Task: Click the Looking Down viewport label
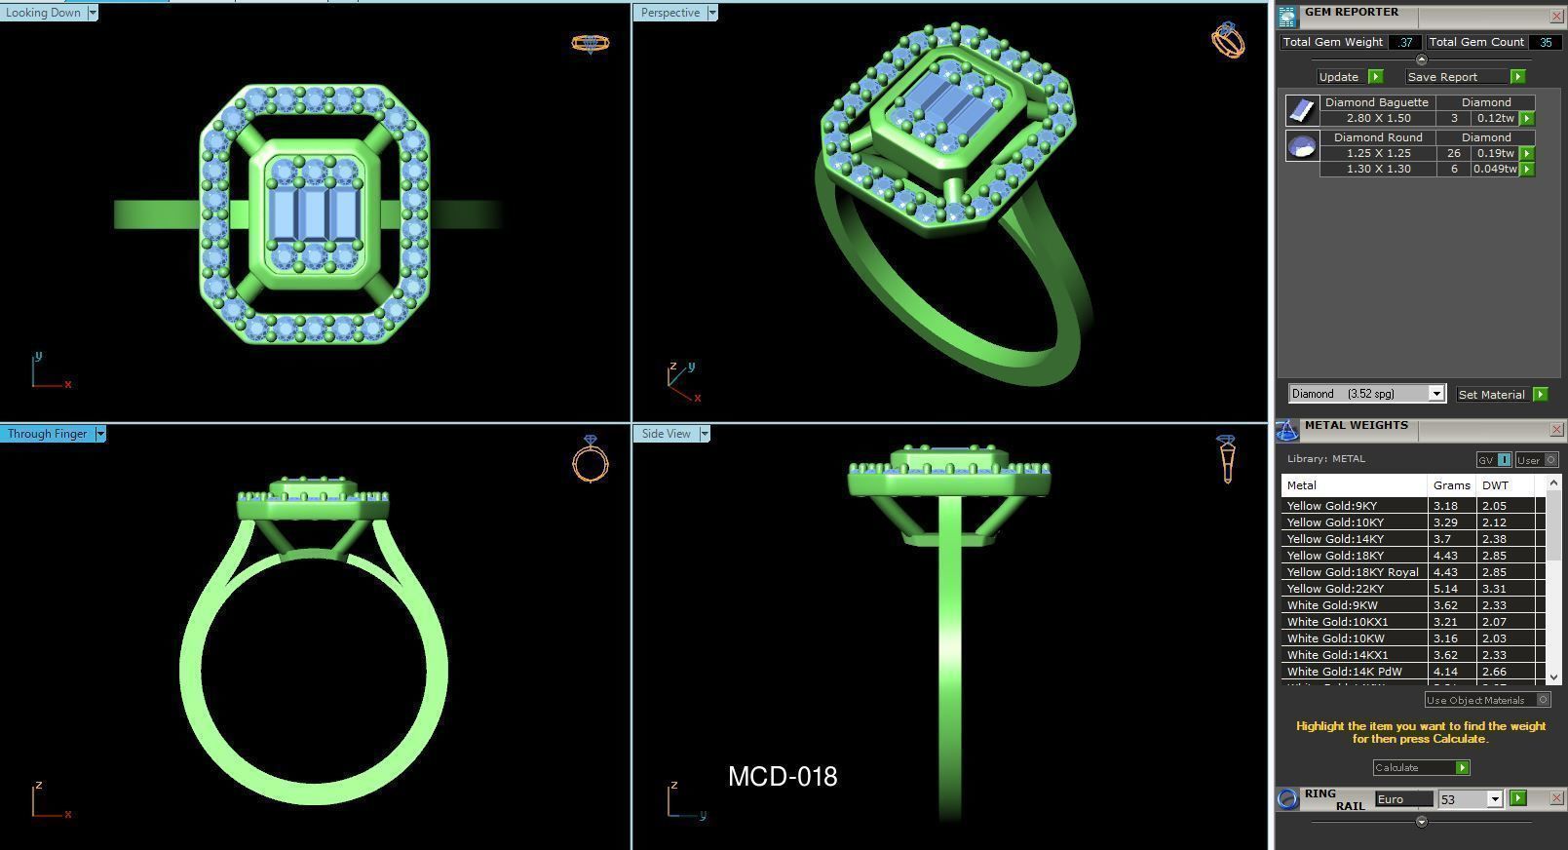[44, 13]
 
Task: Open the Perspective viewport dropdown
[712, 13]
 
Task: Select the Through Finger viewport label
[47, 434]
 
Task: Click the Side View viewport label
[666, 434]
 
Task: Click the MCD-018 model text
[783, 777]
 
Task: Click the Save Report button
[1442, 77]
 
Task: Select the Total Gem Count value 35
[1545, 42]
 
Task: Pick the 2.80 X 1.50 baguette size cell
[1378, 118]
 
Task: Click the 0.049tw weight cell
[1493, 169]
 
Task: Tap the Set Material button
[1491, 395]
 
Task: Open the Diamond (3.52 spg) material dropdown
[1435, 394]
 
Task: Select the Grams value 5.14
[1447, 589]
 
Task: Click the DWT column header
[1495, 485]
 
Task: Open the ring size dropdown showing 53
[1494, 799]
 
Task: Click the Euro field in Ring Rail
[1401, 799]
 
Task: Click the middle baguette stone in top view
[313, 213]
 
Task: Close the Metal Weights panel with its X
[1555, 430]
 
